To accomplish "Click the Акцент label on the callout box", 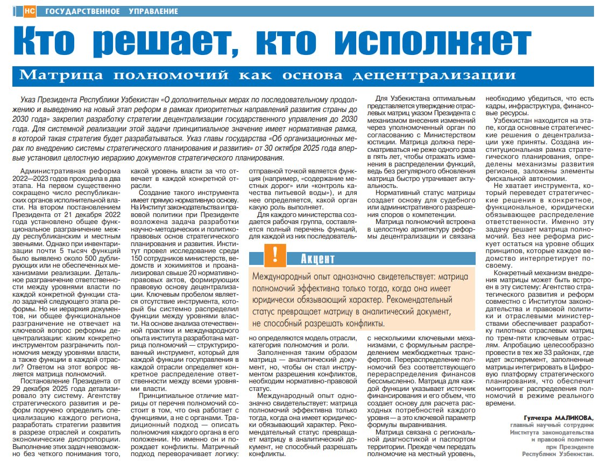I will tap(318, 259).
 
